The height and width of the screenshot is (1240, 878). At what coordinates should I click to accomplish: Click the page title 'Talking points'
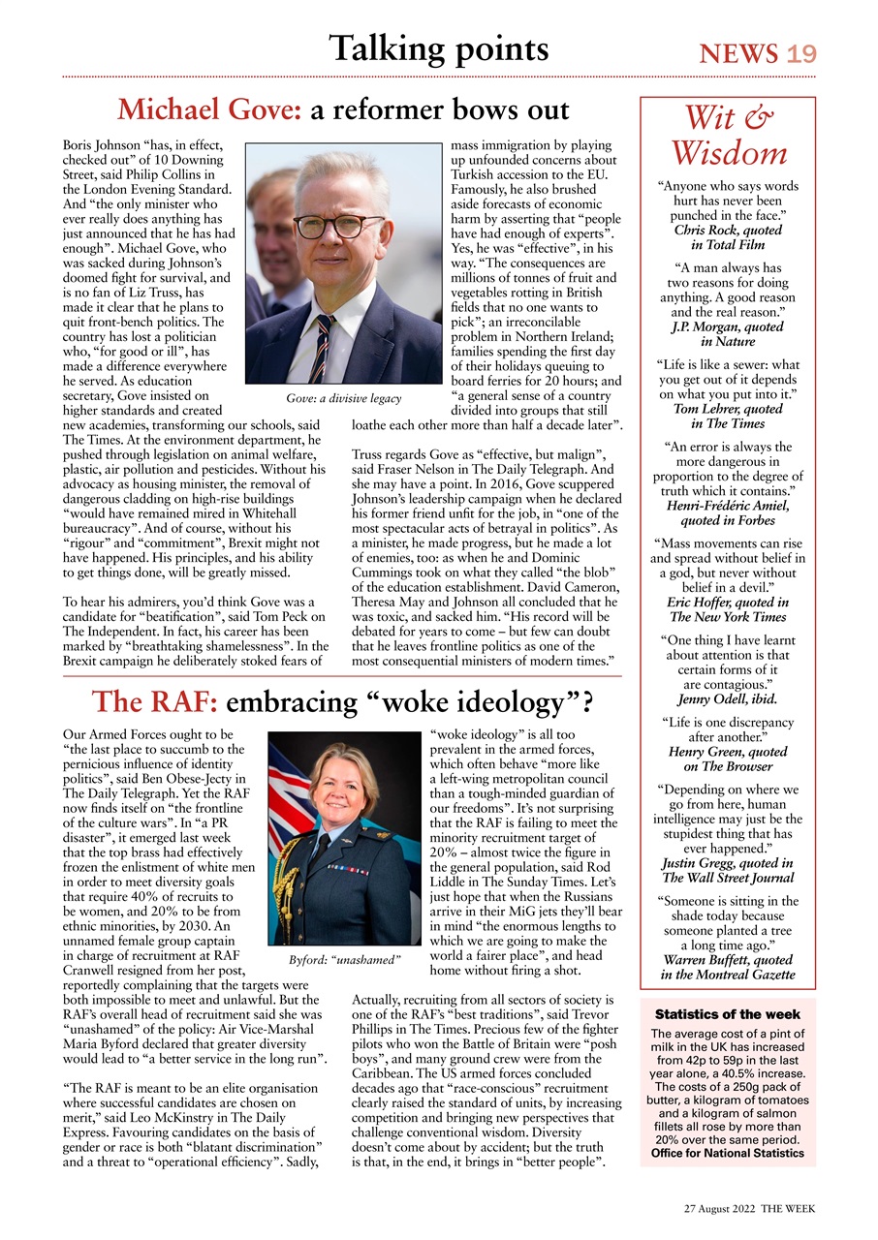pyautogui.click(x=438, y=48)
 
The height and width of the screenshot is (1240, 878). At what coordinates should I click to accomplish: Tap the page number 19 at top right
pyautogui.click(x=801, y=54)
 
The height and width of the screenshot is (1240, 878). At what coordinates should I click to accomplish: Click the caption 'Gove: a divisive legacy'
pyautogui.click(x=337, y=398)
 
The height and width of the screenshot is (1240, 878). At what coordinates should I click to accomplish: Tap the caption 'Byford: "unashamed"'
pyautogui.click(x=345, y=960)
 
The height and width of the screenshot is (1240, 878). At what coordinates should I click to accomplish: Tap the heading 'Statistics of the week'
pyautogui.click(x=728, y=1014)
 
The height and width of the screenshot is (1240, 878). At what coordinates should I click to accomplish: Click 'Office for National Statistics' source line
pyautogui.click(x=728, y=1153)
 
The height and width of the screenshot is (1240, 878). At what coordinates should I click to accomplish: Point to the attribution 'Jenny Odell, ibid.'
pyautogui.click(x=728, y=698)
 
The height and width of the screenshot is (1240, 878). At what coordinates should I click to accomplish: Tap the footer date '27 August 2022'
pyautogui.click(x=719, y=1210)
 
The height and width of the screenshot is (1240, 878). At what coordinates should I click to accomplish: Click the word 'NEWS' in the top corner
pyautogui.click(x=738, y=54)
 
